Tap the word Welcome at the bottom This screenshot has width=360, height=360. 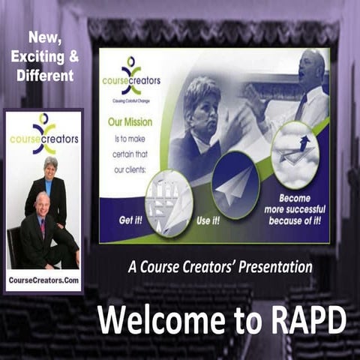click(160, 320)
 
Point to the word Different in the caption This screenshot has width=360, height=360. click(46, 75)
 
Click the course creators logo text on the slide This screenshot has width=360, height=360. click(131, 81)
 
